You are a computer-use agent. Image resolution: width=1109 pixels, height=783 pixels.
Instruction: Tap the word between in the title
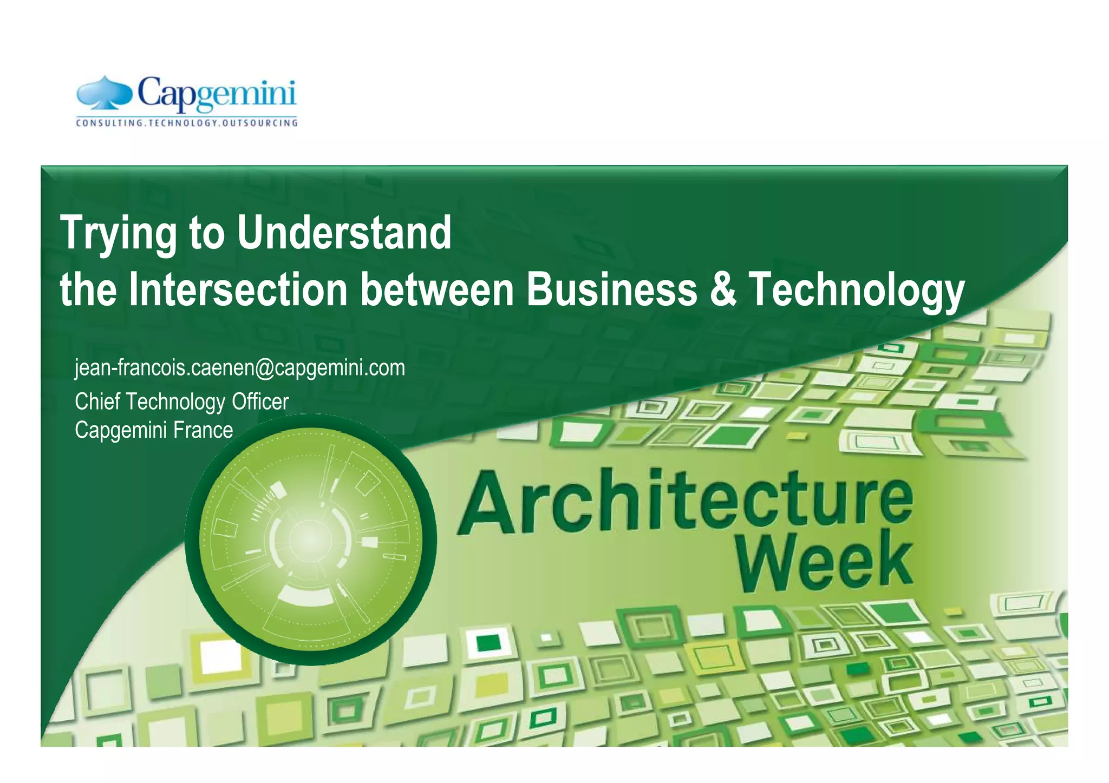click(x=436, y=290)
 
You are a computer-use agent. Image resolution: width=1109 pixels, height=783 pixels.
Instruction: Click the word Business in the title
click(x=612, y=290)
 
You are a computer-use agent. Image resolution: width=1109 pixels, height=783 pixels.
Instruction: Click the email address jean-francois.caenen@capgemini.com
click(x=240, y=368)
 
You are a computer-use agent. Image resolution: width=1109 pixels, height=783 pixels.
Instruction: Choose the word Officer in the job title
click(x=260, y=402)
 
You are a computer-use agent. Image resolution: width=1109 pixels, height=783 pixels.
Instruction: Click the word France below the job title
click(x=203, y=430)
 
